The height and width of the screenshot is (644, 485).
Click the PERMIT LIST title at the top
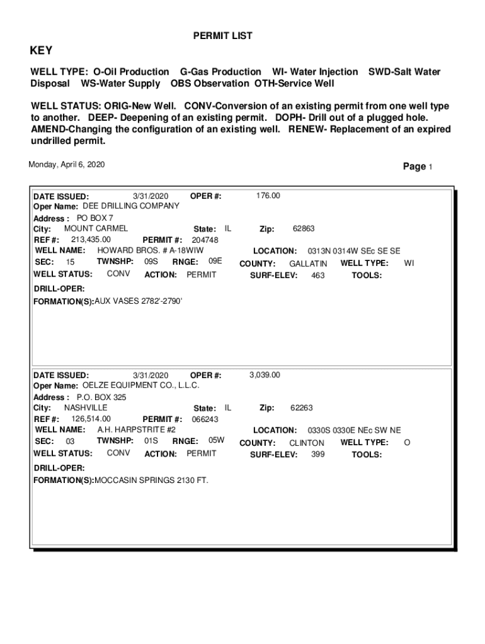click(222, 36)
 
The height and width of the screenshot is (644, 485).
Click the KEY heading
click(42, 51)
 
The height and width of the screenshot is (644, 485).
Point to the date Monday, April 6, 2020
click(67, 165)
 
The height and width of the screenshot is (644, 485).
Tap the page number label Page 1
click(418, 167)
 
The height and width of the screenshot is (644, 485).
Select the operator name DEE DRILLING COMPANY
click(131, 206)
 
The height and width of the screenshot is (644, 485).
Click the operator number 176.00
click(268, 196)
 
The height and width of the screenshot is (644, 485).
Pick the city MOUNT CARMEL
click(96, 228)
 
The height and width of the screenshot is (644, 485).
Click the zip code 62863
click(304, 229)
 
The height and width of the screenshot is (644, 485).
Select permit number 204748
click(205, 240)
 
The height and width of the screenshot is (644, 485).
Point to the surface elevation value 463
click(318, 275)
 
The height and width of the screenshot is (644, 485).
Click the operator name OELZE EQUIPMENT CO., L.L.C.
click(141, 385)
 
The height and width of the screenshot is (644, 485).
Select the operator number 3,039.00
click(265, 375)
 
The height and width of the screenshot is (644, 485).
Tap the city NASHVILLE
click(86, 408)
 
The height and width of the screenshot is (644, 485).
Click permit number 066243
click(205, 419)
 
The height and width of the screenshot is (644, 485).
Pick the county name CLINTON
click(307, 443)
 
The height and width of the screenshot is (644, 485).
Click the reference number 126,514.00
click(91, 419)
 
